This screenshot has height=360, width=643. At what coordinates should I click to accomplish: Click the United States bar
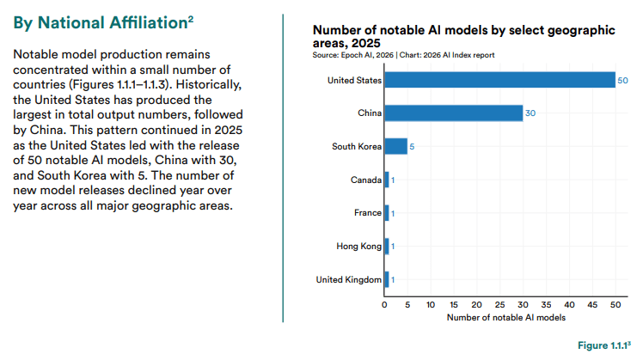[x=499, y=80]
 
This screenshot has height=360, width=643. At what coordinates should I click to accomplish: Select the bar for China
[x=453, y=113]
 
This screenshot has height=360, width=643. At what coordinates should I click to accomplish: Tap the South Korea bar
[x=395, y=146]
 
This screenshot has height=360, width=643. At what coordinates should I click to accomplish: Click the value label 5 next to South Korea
[x=412, y=147]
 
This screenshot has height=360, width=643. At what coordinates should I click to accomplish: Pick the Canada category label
[x=365, y=180]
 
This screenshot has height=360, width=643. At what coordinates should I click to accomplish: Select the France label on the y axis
[x=368, y=213]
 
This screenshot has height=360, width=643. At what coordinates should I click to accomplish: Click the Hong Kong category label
[x=358, y=247]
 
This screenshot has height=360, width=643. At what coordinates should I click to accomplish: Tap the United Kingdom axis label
[x=348, y=279]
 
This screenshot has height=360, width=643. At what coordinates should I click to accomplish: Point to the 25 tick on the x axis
[x=499, y=304]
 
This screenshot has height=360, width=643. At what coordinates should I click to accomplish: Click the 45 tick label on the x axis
[x=592, y=304]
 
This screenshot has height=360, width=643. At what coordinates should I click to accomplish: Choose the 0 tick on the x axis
[x=384, y=304]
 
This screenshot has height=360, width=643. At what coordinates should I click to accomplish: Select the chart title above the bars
[x=463, y=35]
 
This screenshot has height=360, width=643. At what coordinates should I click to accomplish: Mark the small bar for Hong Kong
[x=387, y=247]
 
